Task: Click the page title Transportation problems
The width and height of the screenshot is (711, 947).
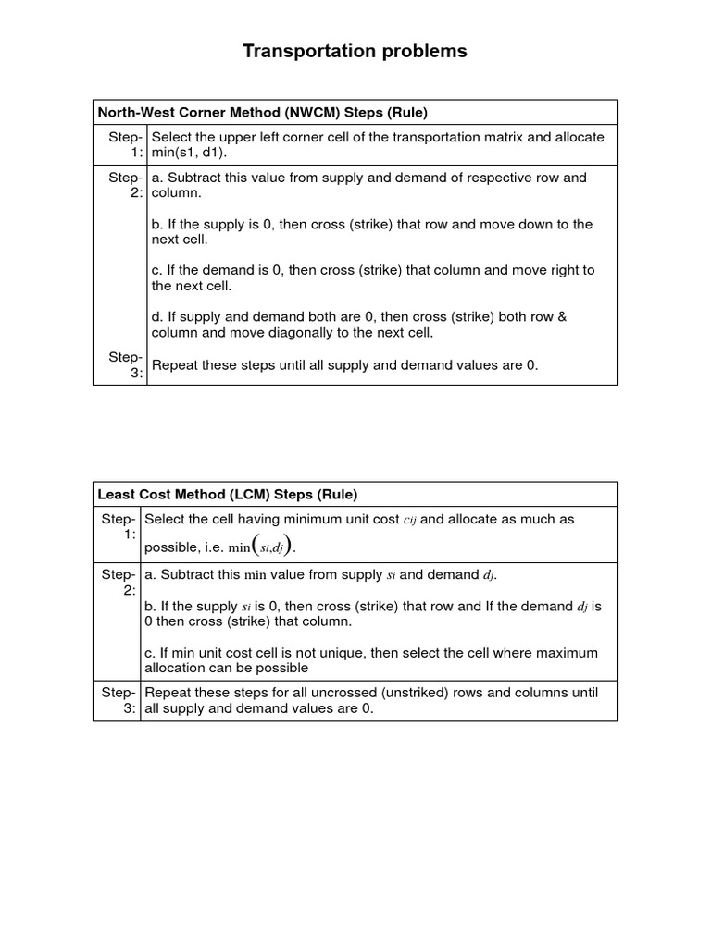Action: [355, 52]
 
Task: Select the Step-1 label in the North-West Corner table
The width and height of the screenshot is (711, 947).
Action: [125, 144]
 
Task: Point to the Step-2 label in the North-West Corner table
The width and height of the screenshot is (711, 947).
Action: [125, 185]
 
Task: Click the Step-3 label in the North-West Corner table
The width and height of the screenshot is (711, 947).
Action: [125, 364]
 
